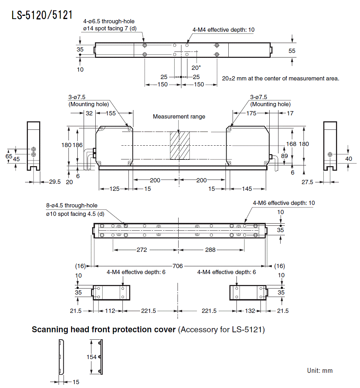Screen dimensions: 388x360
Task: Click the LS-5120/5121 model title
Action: click(42, 15)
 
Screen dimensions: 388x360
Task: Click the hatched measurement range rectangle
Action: click(180, 146)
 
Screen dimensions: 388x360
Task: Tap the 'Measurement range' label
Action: click(179, 116)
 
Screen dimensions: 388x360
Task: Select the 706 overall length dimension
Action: click(178, 266)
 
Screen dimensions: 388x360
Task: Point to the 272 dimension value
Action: click(142, 250)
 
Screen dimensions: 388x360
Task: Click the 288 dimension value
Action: click(210, 250)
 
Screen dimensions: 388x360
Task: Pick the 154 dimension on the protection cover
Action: click(91, 357)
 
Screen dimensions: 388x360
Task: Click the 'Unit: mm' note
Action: click(320, 370)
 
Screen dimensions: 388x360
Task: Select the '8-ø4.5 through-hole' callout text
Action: click(72, 205)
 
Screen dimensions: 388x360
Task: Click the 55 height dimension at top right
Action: click(292, 51)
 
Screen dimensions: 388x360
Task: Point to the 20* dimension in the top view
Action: click(196, 68)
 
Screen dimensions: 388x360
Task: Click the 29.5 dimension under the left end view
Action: click(55, 182)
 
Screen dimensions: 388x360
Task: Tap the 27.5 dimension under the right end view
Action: click(307, 182)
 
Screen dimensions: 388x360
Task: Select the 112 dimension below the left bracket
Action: click(110, 311)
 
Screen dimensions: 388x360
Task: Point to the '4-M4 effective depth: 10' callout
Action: click(223, 30)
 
